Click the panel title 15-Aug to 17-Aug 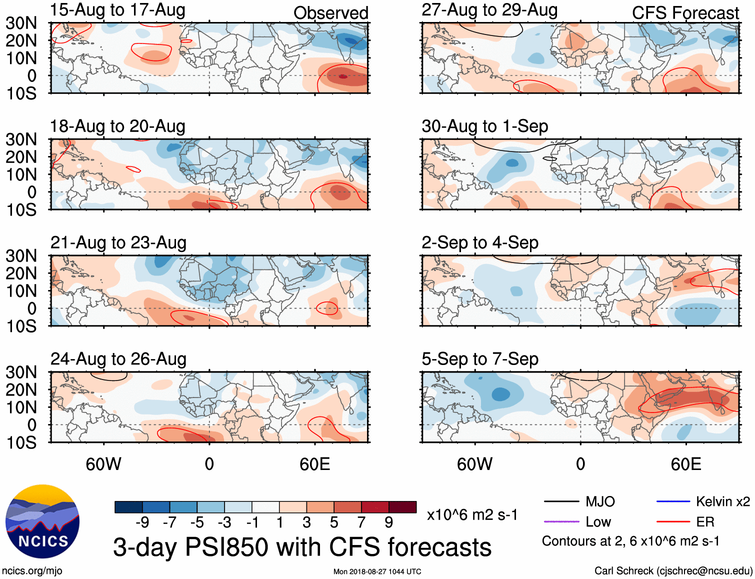(117, 10)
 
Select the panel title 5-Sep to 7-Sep (480, 359)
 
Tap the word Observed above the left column (330, 13)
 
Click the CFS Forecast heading (685, 13)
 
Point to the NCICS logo (42, 521)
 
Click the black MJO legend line (561, 501)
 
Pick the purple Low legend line (561, 521)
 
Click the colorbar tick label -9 (142, 522)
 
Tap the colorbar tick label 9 (389, 522)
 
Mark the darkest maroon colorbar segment (402, 507)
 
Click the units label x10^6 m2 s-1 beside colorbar (472, 514)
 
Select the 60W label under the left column (103, 464)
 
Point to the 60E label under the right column (686, 464)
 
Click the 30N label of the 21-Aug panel (21, 256)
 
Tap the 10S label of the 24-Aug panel (21, 442)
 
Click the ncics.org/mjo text (32, 571)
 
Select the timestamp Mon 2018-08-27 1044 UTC (377, 571)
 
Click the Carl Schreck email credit (673, 571)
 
